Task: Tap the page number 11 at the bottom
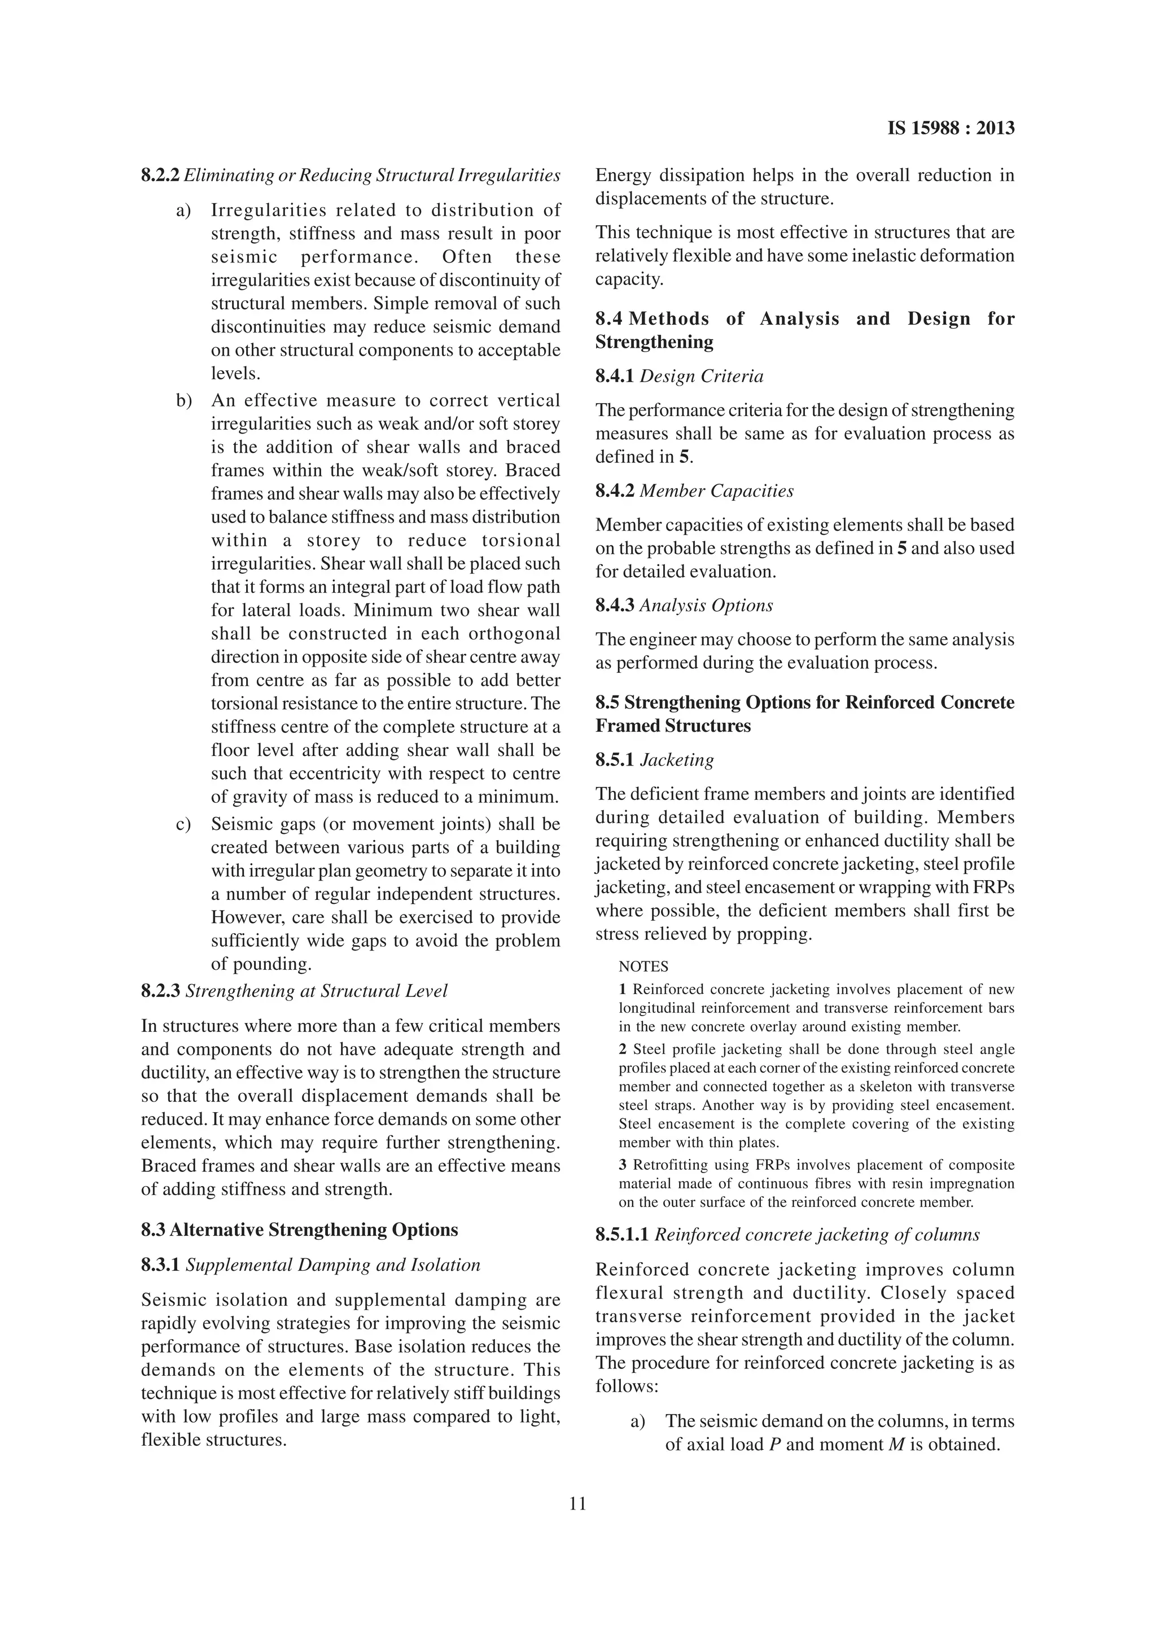[577, 1504]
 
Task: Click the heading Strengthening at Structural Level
[316, 991]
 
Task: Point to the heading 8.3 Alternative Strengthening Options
[299, 1231]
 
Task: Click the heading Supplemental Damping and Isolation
[332, 1266]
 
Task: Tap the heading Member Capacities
[716, 491]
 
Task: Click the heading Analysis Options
[706, 606]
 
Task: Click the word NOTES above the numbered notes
[643, 967]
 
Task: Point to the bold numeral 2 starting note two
[623, 1049]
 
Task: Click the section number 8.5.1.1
[622, 1235]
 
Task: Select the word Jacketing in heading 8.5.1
[677, 760]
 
